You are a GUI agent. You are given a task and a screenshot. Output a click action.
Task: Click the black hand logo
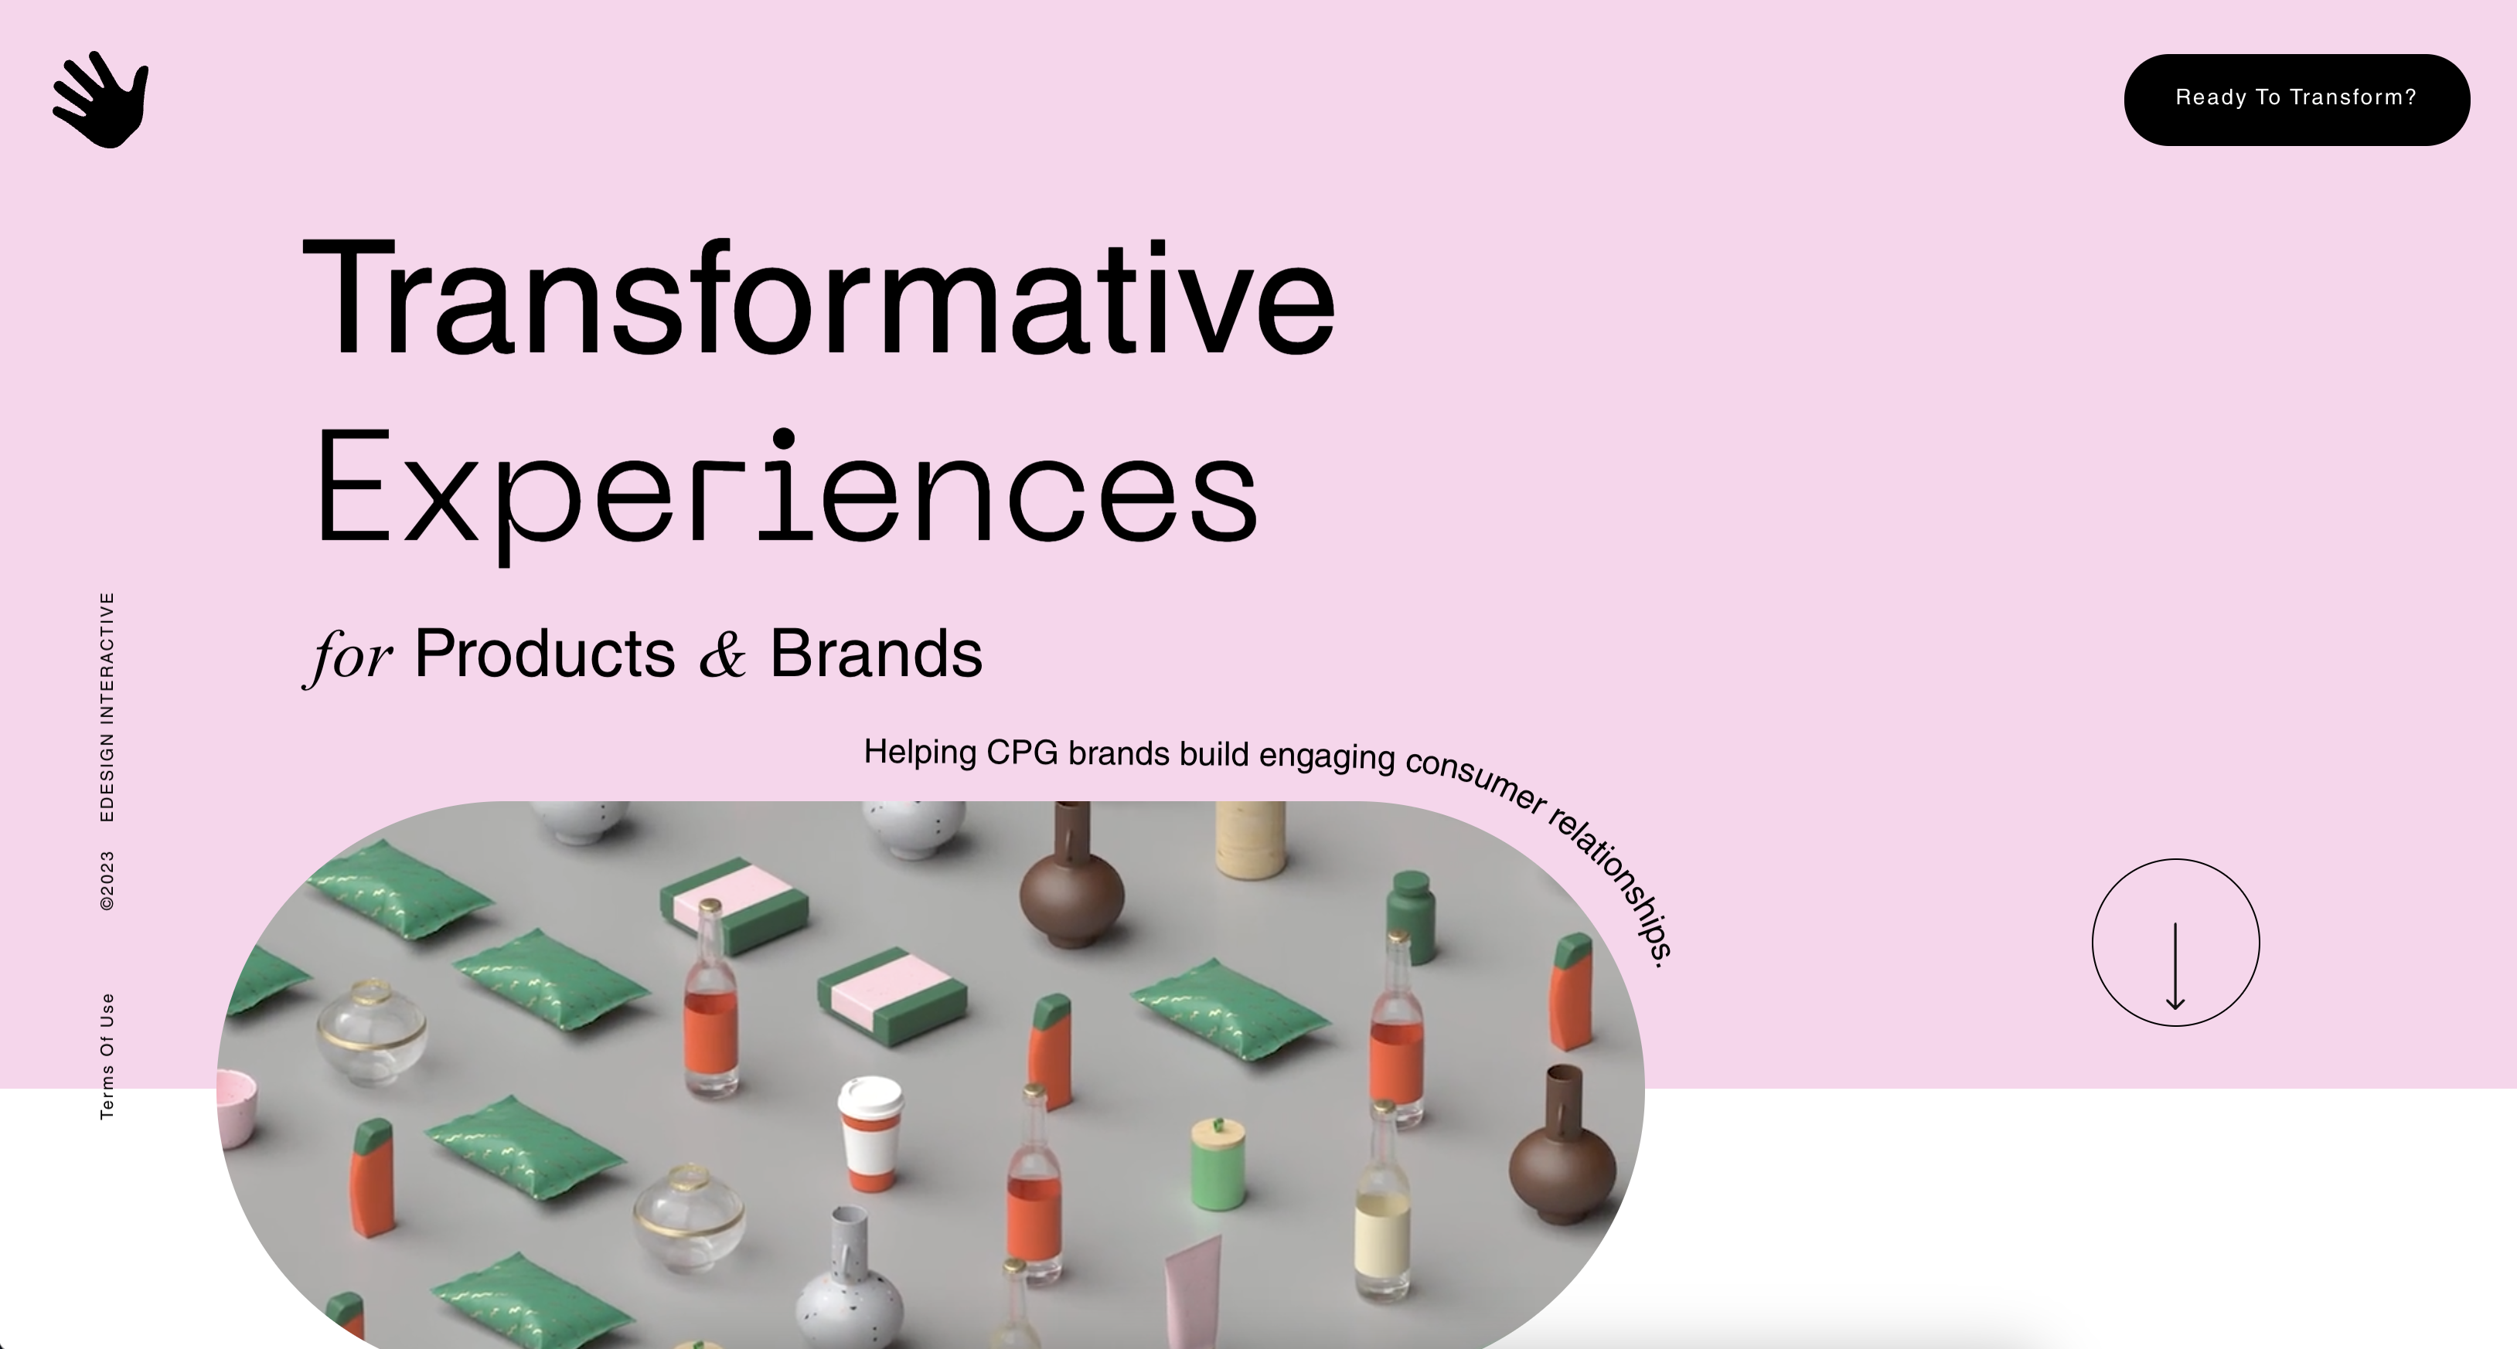coord(100,100)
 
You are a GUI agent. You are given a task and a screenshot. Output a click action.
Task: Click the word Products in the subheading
coord(545,653)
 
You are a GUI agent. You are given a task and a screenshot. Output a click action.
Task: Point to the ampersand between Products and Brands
coord(723,654)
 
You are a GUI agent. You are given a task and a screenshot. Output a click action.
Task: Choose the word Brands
coord(877,653)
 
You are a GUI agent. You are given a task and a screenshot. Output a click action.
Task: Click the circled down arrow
coord(2175,943)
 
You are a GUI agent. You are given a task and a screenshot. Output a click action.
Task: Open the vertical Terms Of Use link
coord(107,1056)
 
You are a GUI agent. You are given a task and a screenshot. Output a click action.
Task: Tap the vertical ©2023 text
coord(107,880)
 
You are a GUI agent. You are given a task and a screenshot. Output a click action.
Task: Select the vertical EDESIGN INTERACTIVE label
coord(107,706)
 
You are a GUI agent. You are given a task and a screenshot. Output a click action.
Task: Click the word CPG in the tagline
coord(1022,753)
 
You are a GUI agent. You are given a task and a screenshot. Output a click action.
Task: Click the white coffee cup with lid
coord(870,1133)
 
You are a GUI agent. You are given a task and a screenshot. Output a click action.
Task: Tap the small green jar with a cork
coord(1218,1163)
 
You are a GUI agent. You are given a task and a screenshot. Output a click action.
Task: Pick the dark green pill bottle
coord(1411,916)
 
